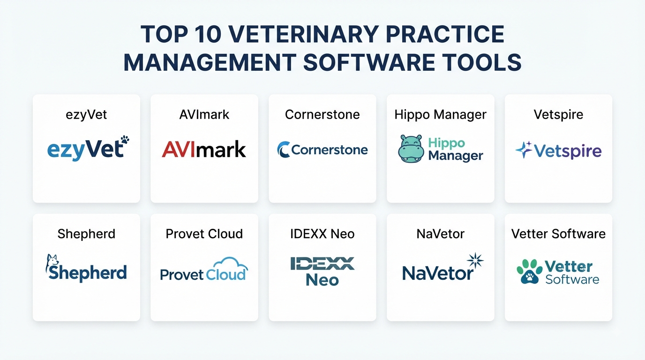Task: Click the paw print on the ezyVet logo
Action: click(x=125, y=140)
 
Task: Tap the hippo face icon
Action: click(x=411, y=149)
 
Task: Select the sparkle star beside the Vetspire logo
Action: click(x=524, y=150)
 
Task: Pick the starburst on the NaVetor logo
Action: click(x=475, y=260)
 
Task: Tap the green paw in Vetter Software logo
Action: click(x=530, y=271)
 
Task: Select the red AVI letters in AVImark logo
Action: click(x=179, y=149)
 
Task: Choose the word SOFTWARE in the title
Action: click(x=369, y=62)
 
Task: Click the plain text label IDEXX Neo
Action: click(x=322, y=234)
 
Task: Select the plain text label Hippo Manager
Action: click(x=440, y=115)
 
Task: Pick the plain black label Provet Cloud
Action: click(x=204, y=234)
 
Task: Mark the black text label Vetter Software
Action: click(x=558, y=234)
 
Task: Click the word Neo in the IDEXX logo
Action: click(x=322, y=280)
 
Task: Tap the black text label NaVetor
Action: click(x=440, y=234)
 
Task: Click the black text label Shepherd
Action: click(x=86, y=234)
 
